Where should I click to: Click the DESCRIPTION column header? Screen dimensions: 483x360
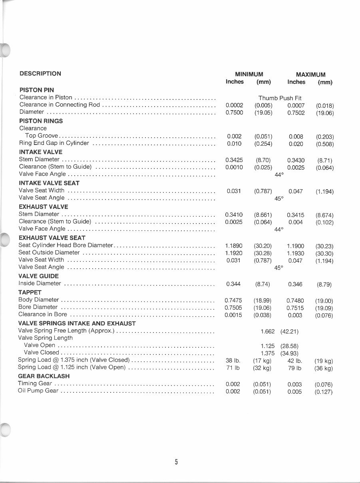click(40, 73)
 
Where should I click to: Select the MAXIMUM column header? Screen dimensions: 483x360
click(310, 75)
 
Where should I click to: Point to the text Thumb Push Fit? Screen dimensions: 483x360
click(280, 98)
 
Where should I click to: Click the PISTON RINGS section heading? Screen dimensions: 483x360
click(41, 121)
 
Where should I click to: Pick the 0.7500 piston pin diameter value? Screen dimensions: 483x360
click(234, 113)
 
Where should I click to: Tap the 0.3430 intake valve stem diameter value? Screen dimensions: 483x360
click(296, 160)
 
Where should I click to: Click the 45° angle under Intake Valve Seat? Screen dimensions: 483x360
click(279, 198)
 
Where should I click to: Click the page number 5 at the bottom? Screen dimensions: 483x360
click(176, 462)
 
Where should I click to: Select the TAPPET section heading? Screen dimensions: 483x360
click(30, 292)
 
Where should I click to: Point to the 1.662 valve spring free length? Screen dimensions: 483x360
click(267, 331)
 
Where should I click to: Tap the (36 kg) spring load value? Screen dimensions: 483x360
click(324, 368)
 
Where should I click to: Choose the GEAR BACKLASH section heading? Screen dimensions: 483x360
click(44, 376)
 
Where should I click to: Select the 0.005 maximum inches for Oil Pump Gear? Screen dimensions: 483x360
click(295, 392)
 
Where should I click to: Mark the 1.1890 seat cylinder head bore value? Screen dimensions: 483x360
click(234, 246)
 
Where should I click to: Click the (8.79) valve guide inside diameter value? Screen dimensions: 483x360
click(324, 285)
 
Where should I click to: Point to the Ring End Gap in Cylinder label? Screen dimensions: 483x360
click(54, 143)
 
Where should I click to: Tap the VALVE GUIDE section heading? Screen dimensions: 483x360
click(38, 276)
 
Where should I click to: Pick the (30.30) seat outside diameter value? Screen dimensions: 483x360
click(324, 253)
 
